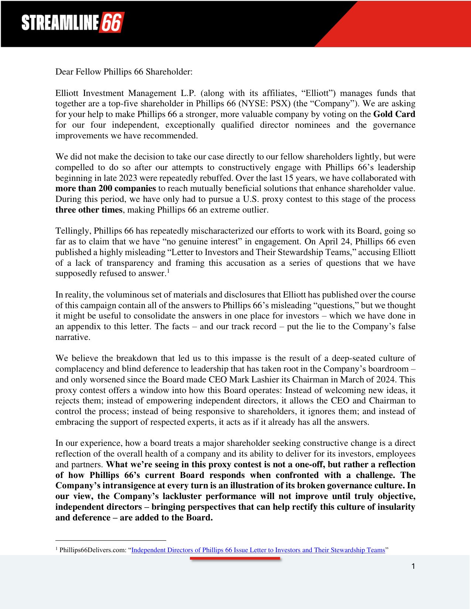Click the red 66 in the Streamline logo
tap(111, 23)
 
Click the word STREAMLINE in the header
tap(59, 23)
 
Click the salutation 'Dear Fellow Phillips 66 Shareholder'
tap(124, 72)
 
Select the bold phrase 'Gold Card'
tap(394, 114)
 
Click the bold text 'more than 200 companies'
tap(106, 188)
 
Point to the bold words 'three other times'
tap(89, 210)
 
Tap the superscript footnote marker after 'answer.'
tap(168, 271)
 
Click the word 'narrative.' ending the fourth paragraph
tap(72, 337)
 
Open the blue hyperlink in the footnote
tap(258, 550)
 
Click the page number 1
tap(413, 566)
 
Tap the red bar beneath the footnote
tap(235, 558)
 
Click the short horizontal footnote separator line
tap(110, 540)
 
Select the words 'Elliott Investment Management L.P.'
tap(125, 93)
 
